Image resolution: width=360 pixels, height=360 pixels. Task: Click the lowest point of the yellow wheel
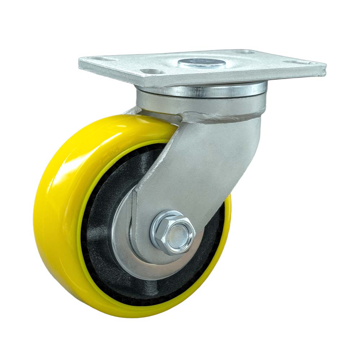coord(137,317)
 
